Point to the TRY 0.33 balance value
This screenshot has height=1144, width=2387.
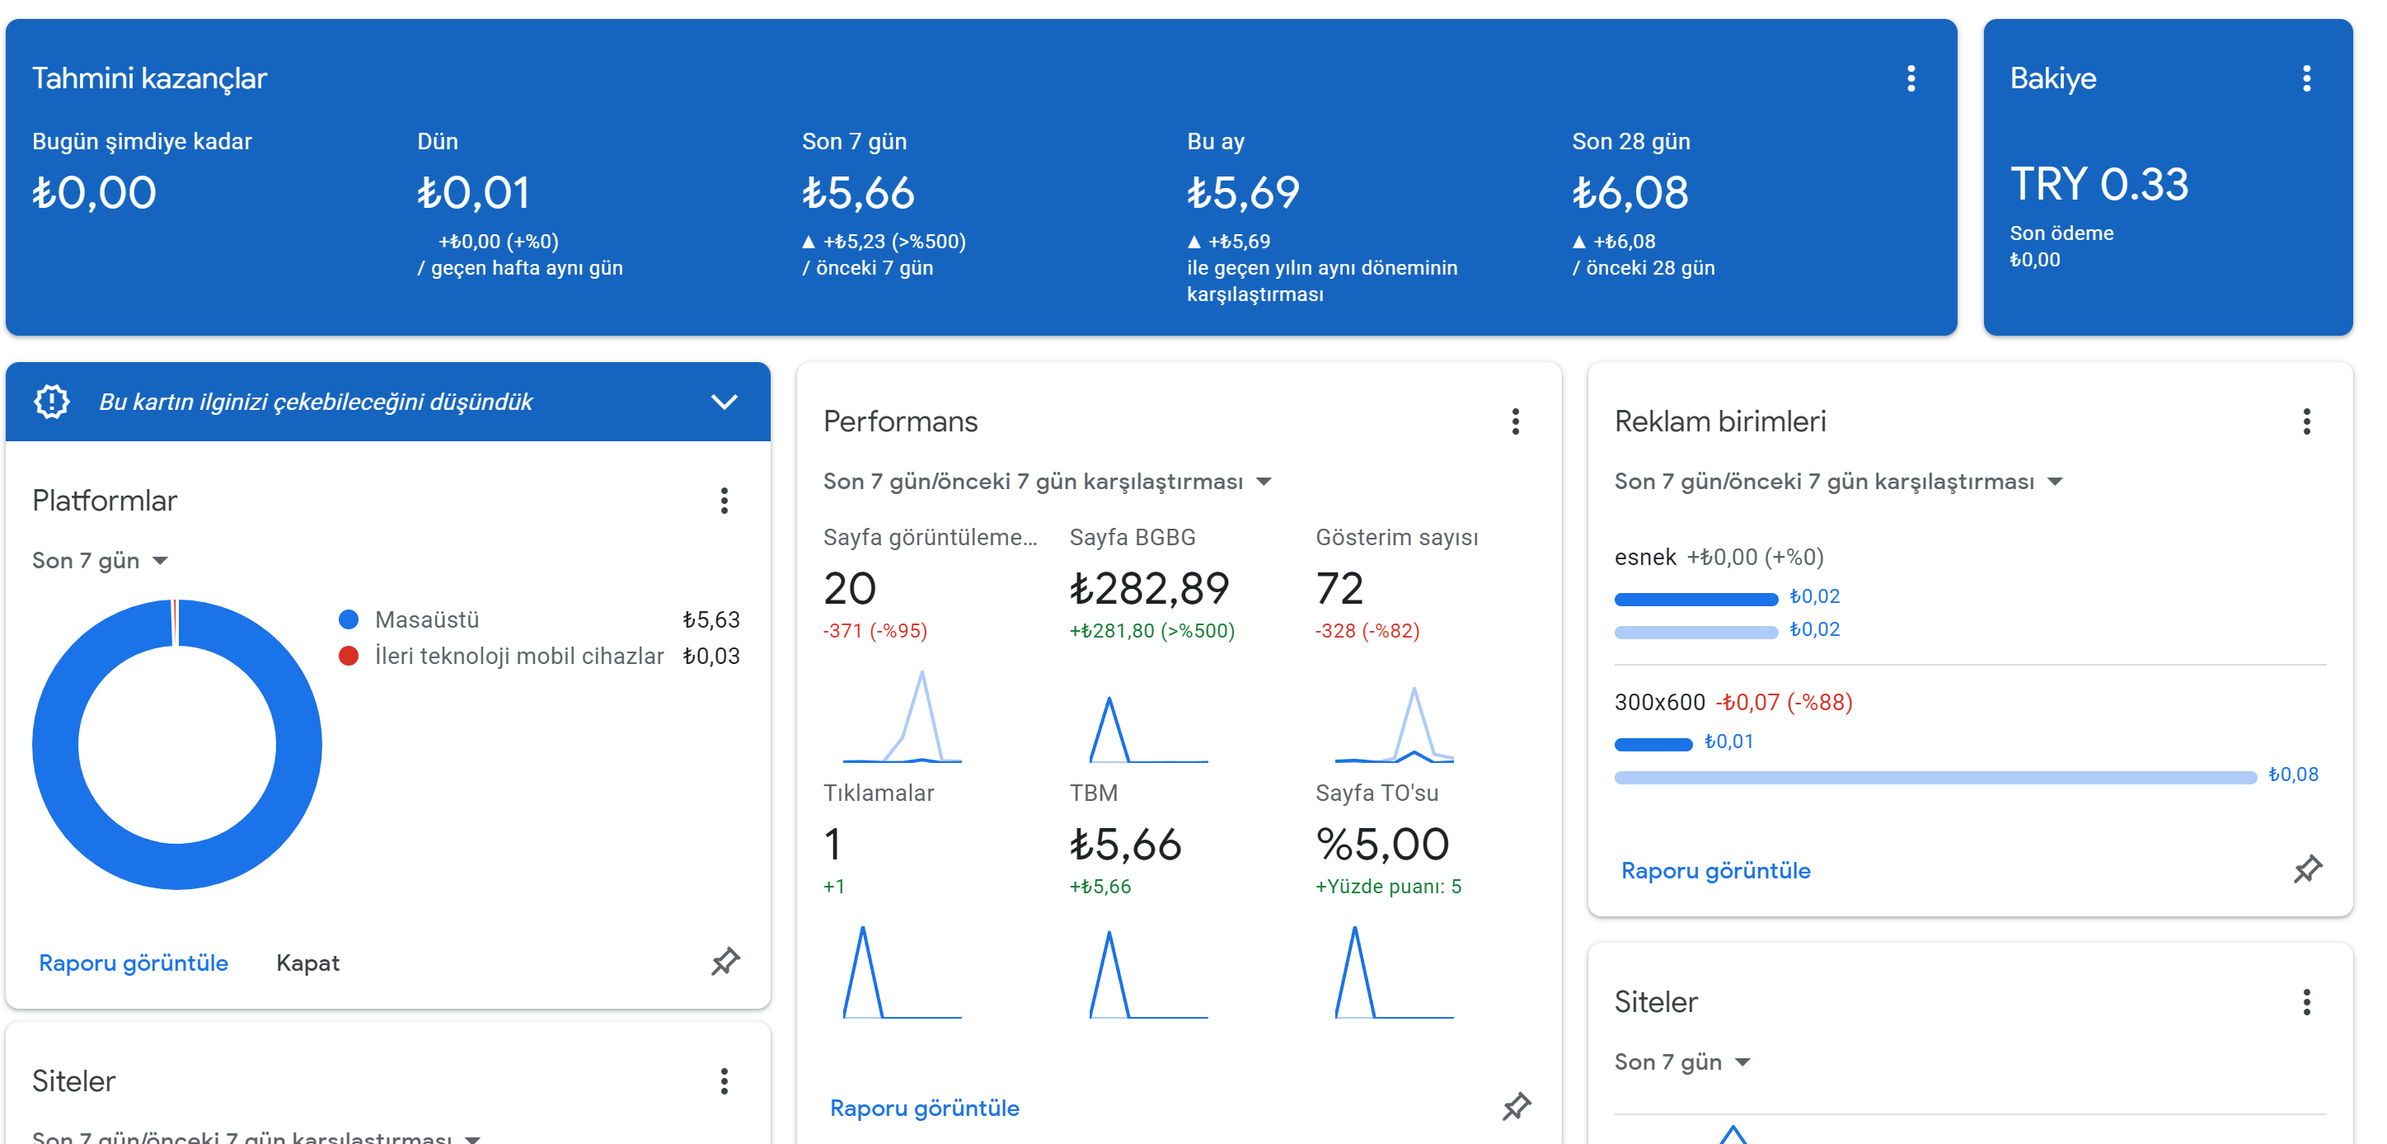point(2099,184)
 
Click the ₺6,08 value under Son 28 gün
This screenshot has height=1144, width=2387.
point(1630,193)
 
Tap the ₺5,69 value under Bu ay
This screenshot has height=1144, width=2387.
point(1244,193)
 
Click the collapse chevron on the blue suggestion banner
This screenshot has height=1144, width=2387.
point(724,402)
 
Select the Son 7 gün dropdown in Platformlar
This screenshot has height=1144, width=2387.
point(100,560)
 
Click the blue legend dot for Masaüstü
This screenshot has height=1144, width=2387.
point(349,619)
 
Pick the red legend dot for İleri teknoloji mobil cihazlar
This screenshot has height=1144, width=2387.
point(349,657)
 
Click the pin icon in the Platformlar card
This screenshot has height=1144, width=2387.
point(725,962)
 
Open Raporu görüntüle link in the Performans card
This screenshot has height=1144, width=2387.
point(924,1107)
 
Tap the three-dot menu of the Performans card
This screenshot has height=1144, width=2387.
point(1515,421)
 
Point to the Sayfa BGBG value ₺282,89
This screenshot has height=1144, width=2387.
point(1149,588)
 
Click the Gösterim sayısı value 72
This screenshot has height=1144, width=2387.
point(1339,588)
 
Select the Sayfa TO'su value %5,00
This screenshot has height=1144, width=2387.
point(1381,844)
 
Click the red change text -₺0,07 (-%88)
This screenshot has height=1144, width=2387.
point(1784,702)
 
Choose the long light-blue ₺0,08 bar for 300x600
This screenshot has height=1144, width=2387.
point(1934,777)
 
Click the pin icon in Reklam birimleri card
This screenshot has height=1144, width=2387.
point(2307,869)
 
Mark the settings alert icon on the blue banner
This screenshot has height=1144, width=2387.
point(52,402)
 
